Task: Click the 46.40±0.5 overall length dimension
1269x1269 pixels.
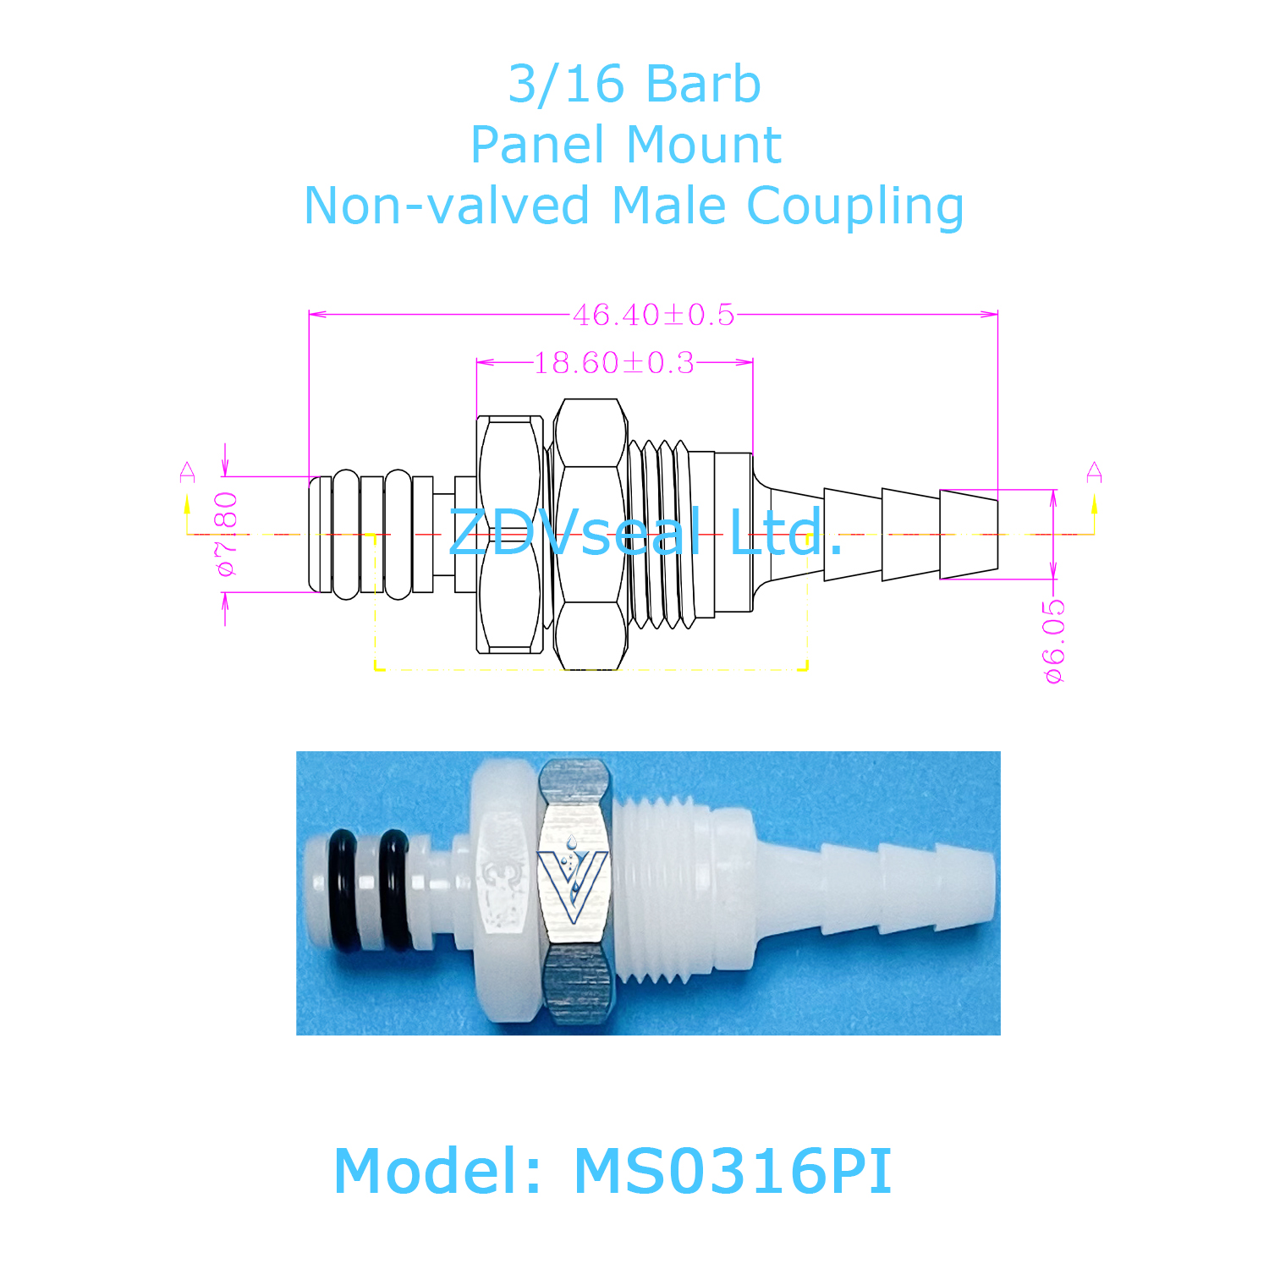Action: tap(654, 315)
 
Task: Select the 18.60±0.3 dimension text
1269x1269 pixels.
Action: tap(614, 363)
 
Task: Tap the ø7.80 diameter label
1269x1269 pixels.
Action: tap(227, 534)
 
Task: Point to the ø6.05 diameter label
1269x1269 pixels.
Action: tap(1054, 640)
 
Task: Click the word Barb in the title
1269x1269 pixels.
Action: tap(703, 85)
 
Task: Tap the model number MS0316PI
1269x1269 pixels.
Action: tap(733, 1172)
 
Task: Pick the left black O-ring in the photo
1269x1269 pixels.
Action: tap(343, 890)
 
